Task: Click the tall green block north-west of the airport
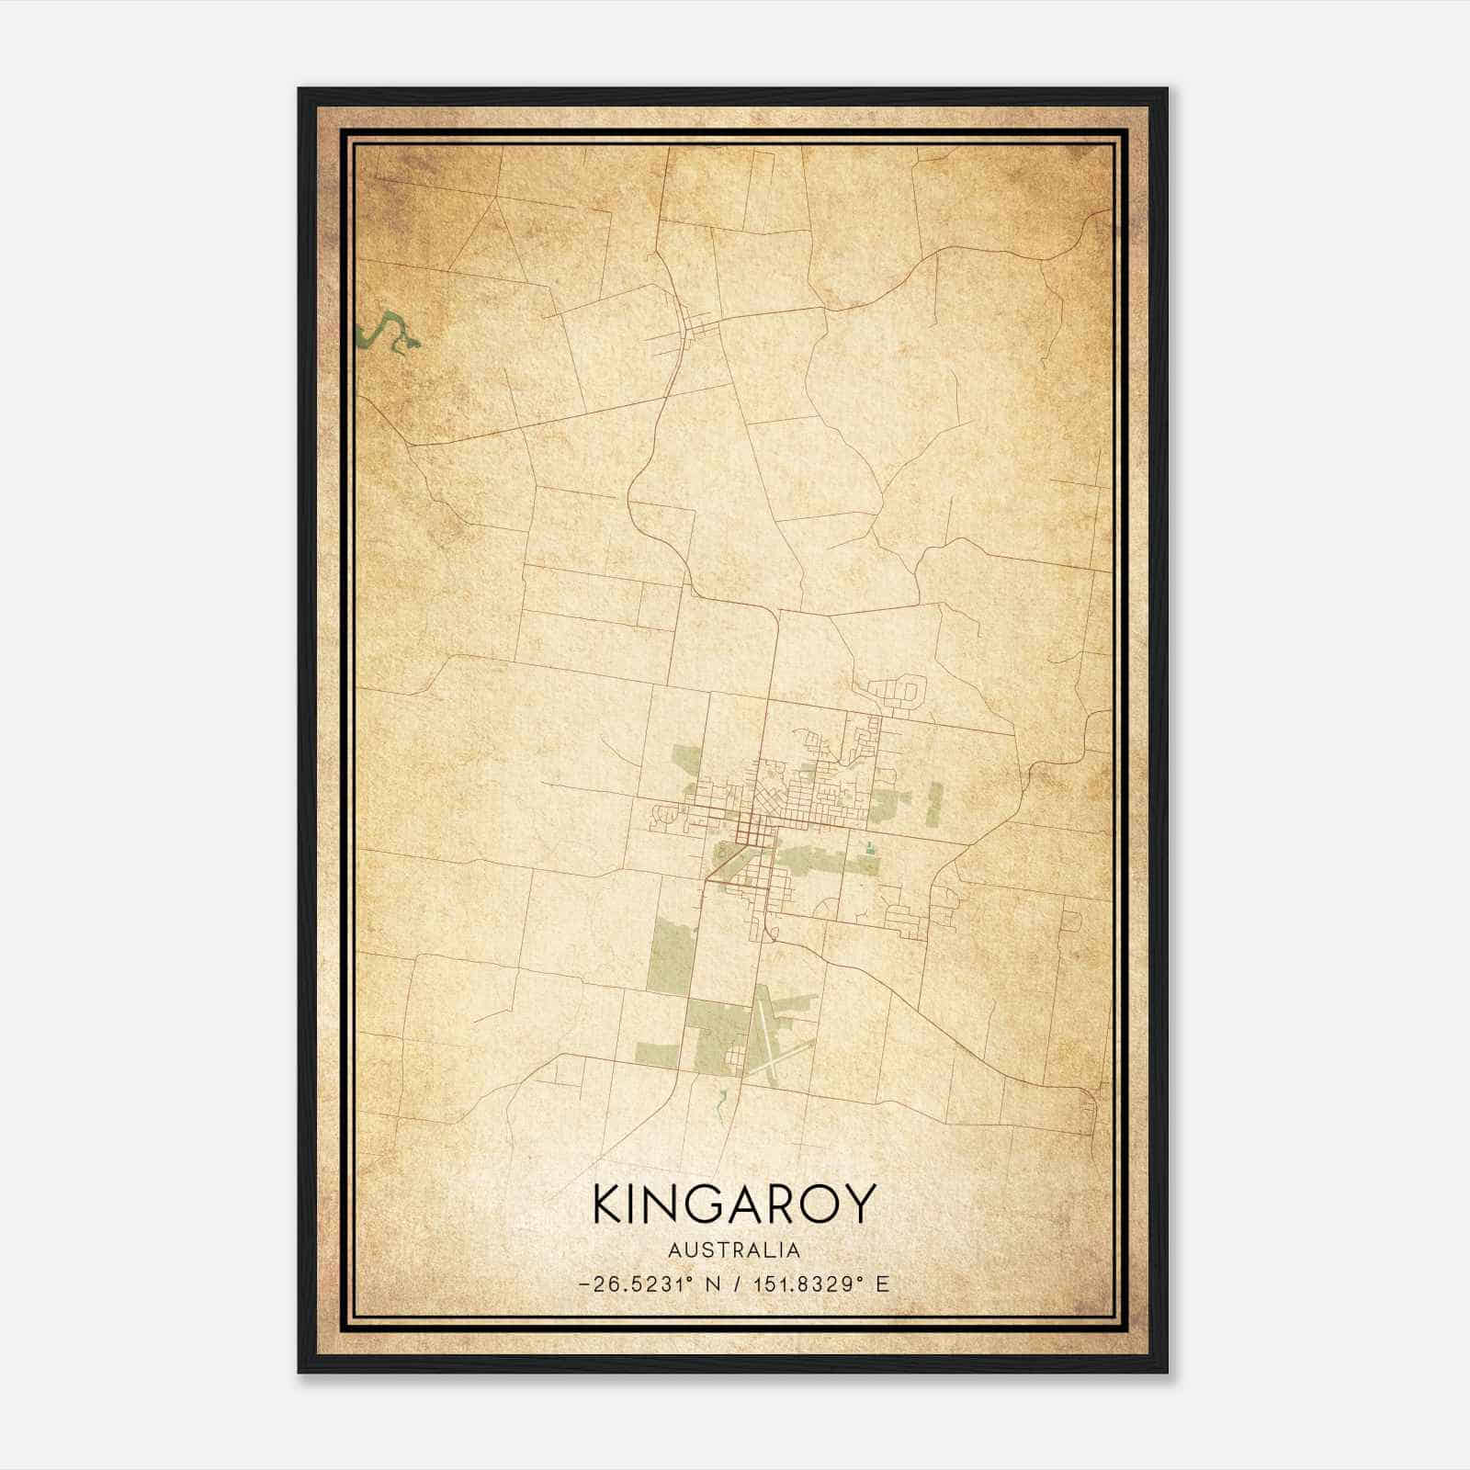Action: click(670, 955)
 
